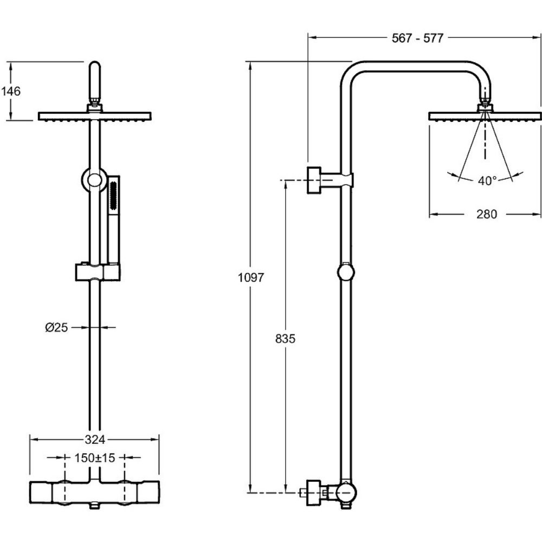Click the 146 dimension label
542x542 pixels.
(10, 91)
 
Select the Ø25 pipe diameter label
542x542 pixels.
(56, 327)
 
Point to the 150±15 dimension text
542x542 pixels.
(94, 458)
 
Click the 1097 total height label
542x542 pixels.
(250, 278)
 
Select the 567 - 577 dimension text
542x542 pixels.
(417, 38)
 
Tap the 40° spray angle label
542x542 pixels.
(487, 181)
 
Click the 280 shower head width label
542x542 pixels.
(487, 214)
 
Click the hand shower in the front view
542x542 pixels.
(113, 217)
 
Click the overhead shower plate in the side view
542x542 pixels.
(485, 116)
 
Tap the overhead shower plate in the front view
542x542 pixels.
(94, 116)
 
